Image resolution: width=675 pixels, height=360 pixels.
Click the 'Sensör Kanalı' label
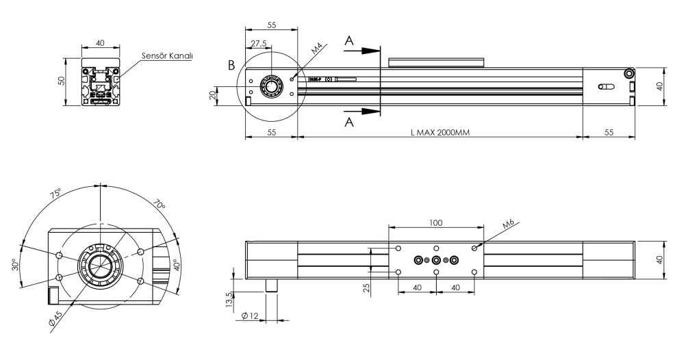point(166,55)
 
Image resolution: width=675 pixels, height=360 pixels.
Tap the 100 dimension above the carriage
point(436,222)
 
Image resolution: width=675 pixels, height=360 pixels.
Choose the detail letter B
point(231,66)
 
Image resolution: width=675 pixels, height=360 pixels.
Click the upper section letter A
point(349,42)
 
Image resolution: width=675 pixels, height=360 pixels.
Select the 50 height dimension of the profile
point(60,81)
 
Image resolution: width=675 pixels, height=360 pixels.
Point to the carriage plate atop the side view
point(437,62)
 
